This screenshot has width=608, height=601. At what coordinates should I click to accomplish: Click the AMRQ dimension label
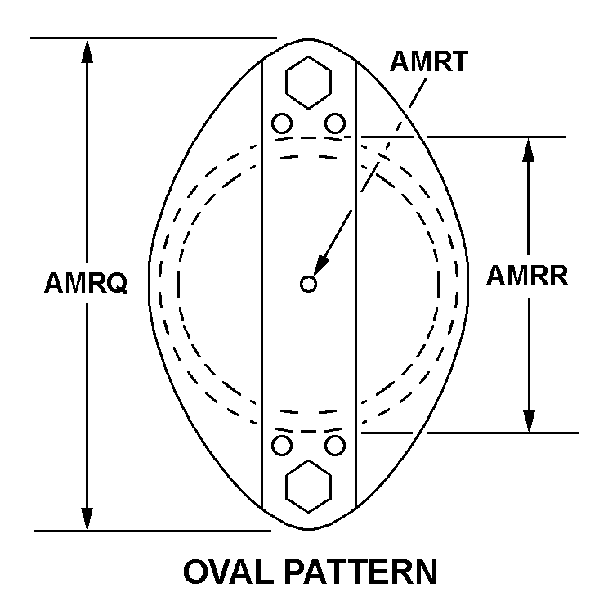pos(86,283)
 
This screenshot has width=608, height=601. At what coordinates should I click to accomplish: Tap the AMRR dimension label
pos(527,276)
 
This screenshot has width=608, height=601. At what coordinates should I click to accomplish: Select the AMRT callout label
pos(429,61)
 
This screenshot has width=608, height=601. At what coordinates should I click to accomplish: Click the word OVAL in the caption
pos(228,572)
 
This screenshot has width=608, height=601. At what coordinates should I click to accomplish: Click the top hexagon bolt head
pos(308,83)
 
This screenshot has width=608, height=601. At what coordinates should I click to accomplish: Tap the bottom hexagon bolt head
pos(308,487)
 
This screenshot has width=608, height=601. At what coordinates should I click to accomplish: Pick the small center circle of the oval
pos(308,284)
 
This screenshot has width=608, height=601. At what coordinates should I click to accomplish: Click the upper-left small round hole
pos(282,123)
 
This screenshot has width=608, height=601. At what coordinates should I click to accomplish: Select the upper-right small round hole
pos(335,123)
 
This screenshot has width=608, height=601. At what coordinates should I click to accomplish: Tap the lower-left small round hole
pos(282,446)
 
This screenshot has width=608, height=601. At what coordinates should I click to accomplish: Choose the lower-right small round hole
pos(335,446)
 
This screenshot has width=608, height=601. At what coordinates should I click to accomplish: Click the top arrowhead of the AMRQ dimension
pos(87,51)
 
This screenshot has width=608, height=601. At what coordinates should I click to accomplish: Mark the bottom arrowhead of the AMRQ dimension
pos(87,518)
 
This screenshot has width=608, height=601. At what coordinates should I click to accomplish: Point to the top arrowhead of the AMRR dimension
pos(529,150)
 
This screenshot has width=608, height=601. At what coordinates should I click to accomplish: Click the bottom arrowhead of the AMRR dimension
pos(529,420)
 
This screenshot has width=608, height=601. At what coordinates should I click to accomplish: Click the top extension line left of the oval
pos(154,38)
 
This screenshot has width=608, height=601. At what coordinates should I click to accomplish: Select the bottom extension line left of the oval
pos(152,531)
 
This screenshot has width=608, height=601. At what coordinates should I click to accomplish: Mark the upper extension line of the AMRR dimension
pos(463,137)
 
